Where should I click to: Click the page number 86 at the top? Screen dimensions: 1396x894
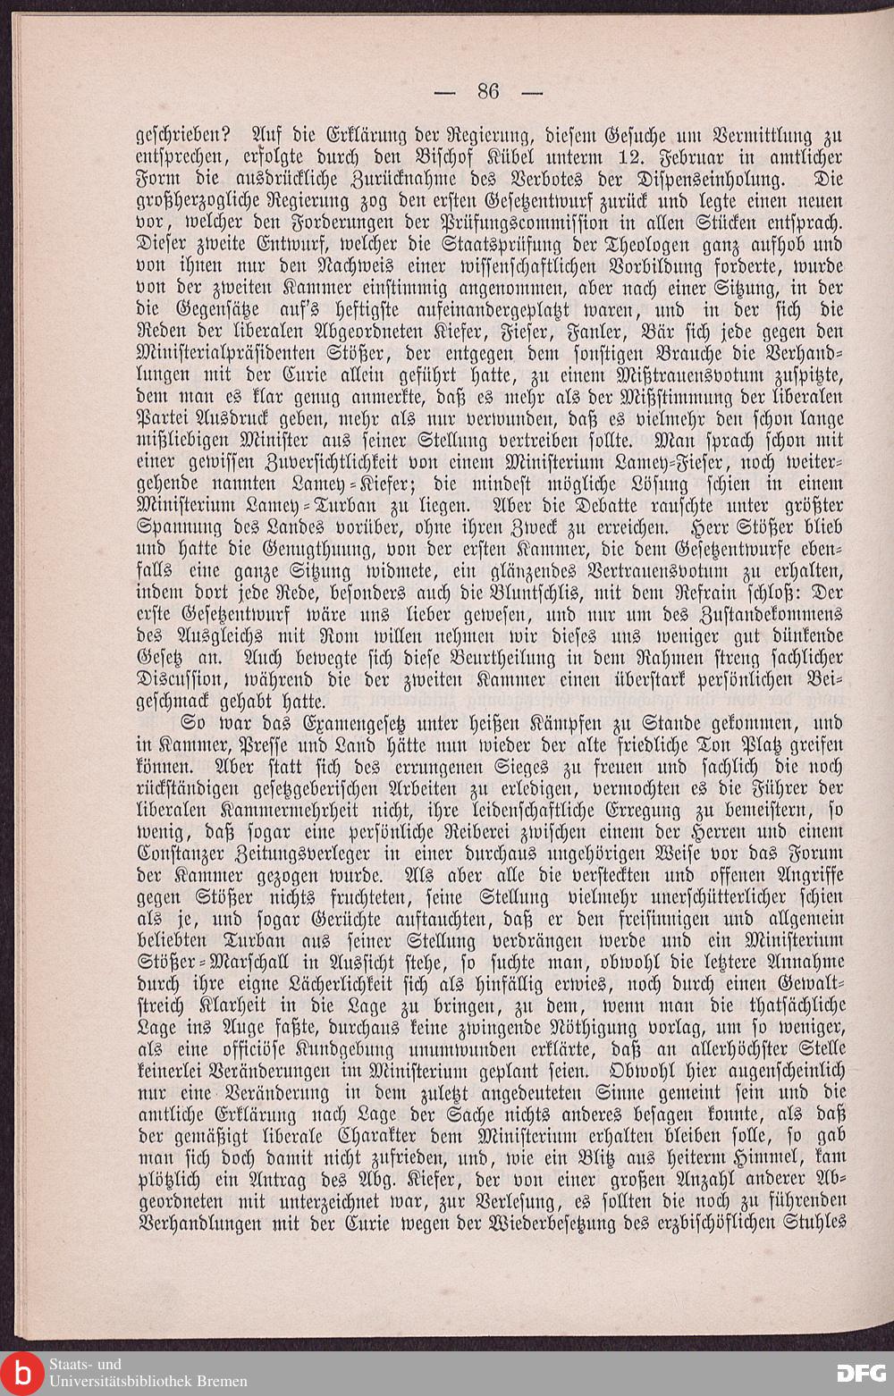point(487,90)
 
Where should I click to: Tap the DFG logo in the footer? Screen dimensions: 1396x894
point(861,1373)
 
